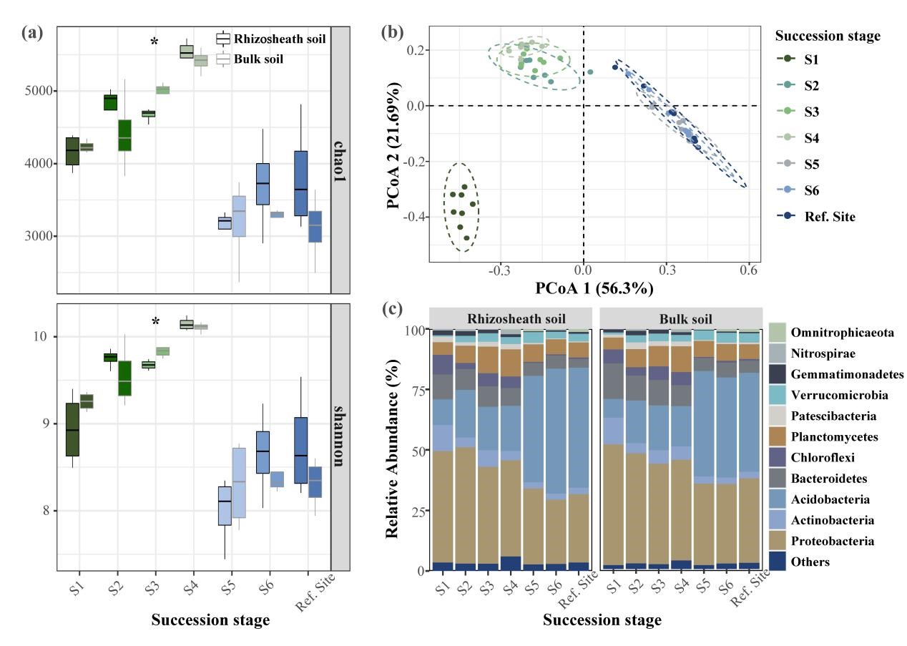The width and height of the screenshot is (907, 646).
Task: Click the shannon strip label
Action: click(340, 436)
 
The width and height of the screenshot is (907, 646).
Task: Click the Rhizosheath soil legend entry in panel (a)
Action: click(270, 39)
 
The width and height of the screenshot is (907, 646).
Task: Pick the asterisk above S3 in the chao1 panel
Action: click(155, 43)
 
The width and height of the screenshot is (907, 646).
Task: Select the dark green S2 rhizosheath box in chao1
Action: click(110, 102)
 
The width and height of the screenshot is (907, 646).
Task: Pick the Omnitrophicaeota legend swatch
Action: click(778, 332)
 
